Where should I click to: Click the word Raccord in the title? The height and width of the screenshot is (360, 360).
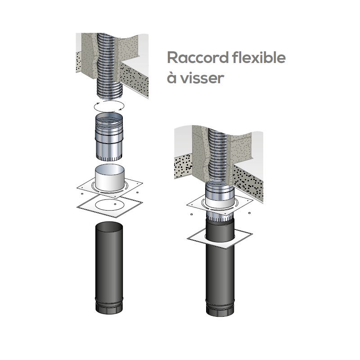[198, 58]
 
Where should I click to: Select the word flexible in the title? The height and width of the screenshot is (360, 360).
[259, 57]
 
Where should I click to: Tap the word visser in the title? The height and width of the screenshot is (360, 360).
[202, 77]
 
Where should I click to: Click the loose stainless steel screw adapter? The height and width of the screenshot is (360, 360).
[109, 137]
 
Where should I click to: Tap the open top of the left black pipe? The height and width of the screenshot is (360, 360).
[109, 227]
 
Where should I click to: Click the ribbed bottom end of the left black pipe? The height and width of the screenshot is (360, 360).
[109, 306]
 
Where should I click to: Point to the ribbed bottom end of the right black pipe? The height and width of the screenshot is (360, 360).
[220, 308]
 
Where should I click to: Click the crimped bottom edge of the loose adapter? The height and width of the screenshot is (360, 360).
[109, 157]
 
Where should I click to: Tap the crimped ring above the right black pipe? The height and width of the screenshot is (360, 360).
[220, 216]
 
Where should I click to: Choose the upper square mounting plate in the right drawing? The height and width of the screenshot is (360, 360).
[220, 204]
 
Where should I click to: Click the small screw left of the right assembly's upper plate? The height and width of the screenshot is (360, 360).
[192, 215]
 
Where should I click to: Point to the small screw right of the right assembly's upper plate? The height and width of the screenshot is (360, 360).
[250, 213]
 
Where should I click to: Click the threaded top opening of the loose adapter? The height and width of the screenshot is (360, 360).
[109, 117]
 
